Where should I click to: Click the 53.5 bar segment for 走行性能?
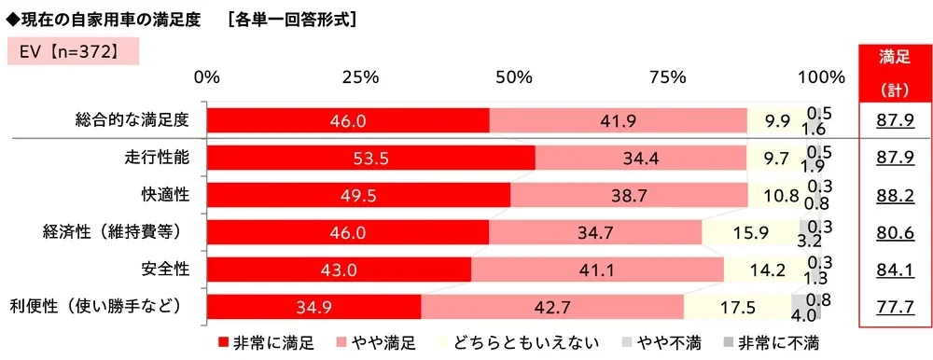[x=370, y=159]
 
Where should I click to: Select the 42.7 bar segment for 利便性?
[x=552, y=306]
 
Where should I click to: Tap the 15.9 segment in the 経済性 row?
[x=750, y=232]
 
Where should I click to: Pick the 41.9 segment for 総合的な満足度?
[x=618, y=120]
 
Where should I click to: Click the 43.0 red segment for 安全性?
[x=339, y=270]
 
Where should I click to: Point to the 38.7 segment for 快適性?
[x=629, y=195]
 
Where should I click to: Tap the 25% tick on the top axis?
[x=360, y=76]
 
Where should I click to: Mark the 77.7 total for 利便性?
[x=894, y=306]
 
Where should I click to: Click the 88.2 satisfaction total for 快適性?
[x=894, y=195]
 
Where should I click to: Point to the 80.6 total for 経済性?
[x=894, y=232]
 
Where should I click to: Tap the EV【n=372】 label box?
[x=73, y=50]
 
